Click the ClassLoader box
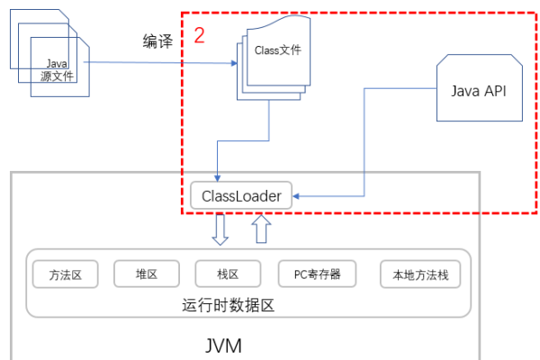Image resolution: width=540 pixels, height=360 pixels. point(241,195)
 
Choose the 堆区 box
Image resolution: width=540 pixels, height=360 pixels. point(146,274)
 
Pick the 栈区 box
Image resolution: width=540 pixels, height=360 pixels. point(228,274)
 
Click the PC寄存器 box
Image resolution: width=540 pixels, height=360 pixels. point(317,274)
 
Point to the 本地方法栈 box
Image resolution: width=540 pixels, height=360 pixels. point(420,274)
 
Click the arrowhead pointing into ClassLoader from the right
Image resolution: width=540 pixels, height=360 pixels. point(299,195)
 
